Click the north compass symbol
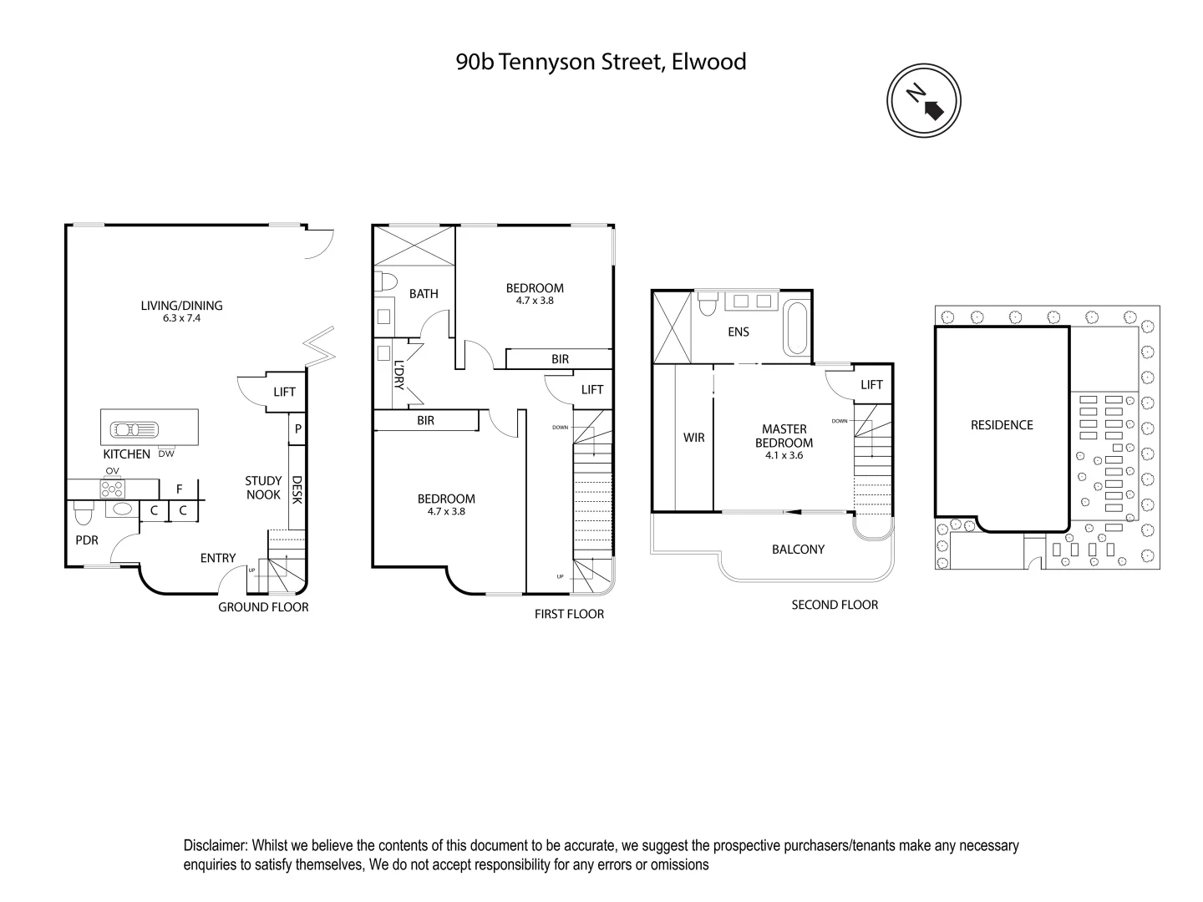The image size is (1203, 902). pyautogui.click(x=923, y=101)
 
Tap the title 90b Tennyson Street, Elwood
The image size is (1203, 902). pyautogui.click(x=601, y=62)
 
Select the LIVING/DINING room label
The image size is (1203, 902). pyautogui.click(x=181, y=306)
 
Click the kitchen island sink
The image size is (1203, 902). pyautogui.click(x=135, y=430)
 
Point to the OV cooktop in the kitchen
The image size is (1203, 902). pyautogui.click(x=112, y=489)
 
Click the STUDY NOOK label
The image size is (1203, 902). pyautogui.click(x=263, y=487)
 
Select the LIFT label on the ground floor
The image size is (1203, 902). pyautogui.click(x=285, y=392)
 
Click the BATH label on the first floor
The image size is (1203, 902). pyautogui.click(x=424, y=293)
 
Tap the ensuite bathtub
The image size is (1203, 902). pyautogui.click(x=795, y=329)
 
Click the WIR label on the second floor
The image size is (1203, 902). pyautogui.click(x=694, y=437)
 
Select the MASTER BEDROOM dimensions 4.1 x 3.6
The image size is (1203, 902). pyautogui.click(x=784, y=455)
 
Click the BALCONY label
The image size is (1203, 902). pyautogui.click(x=798, y=549)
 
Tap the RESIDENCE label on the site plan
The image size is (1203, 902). pyautogui.click(x=1002, y=425)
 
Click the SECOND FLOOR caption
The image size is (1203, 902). pyautogui.click(x=835, y=605)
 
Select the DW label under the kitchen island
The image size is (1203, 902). pyautogui.click(x=166, y=454)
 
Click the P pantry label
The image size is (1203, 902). pyautogui.click(x=297, y=429)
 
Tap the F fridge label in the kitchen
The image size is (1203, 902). pyautogui.click(x=179, y=489)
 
